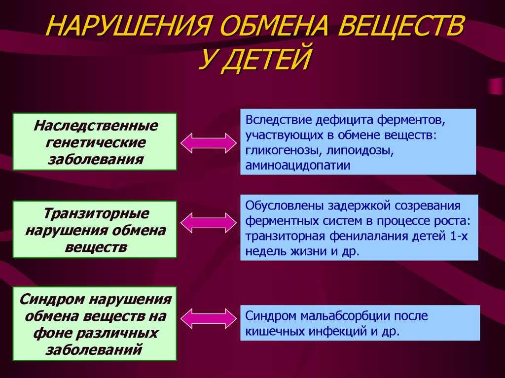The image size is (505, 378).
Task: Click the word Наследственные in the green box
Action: (x=95, y=125)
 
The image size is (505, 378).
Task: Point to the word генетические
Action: (x=95, y=142)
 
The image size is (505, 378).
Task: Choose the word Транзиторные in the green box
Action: (x=95, y=213)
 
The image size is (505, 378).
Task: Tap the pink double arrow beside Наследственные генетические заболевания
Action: (x=209, y=142)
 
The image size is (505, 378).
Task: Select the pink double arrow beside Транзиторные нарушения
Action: (x=209, y=223)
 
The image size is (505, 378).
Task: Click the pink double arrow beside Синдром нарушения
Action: (x=209, y=318)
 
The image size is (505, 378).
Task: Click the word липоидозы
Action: (x=360, y=151)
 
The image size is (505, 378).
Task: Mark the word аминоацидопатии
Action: (x=297, y=165)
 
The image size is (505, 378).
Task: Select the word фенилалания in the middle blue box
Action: (x=368, y=237)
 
